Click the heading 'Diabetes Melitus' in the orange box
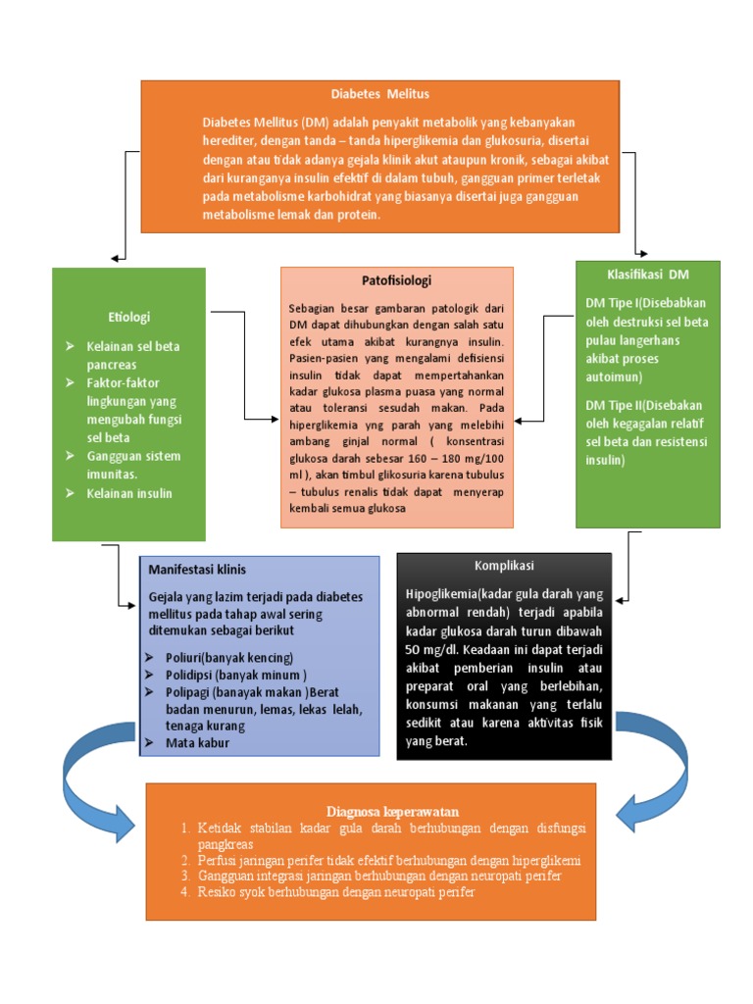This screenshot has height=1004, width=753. [x=379, y=94]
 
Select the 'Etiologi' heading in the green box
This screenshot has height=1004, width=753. [x=128, y=317]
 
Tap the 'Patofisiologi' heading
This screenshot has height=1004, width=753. [x=396, y=280]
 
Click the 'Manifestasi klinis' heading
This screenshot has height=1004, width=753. [x=197, y=570]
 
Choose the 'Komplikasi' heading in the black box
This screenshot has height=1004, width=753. [x=504, y=566]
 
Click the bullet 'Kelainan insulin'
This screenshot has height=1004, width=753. [x=127, y=493]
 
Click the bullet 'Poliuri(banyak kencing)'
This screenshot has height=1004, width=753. [x=221, y=657]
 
